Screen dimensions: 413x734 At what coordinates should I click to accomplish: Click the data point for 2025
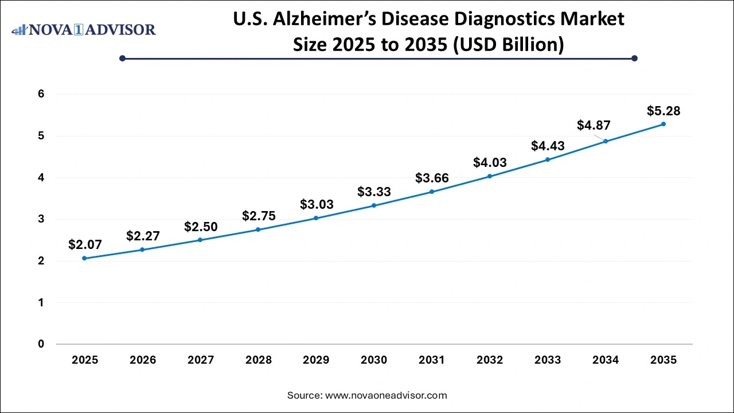click(x=84, y=258)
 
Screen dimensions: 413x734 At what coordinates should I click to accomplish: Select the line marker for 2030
click(x=374, y=205)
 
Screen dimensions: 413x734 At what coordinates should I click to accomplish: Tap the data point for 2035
click(x=663, y=124)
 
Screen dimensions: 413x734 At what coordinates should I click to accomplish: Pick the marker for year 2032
click(x=490, y=176)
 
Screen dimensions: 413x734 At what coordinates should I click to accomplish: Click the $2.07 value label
click(x=85, y=245)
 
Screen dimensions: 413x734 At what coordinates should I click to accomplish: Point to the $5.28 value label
click(x=663, y=111)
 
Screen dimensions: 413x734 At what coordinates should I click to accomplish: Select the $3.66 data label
click(x=432, y=178)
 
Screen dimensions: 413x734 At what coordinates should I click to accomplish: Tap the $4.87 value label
click(x=594, y=125)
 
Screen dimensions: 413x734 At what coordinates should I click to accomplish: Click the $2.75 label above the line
click(x=259, y=216)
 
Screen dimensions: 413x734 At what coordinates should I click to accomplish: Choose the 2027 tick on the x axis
click(x=201, y=360)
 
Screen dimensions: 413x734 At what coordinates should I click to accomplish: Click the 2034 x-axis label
click(x=606, y=360)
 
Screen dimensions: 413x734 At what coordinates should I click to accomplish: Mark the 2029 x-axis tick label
click(x=316, y=360)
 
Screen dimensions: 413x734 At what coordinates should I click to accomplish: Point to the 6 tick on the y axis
click(x=41, y=94)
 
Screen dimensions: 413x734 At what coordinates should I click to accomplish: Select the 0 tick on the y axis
click(x=41, y=344)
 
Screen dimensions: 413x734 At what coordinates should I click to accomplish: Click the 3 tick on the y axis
click(x=41, y=219)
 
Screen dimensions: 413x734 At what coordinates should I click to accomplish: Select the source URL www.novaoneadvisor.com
click(x=386, y=395)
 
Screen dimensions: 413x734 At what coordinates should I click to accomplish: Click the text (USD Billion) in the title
click(x=508, y=44)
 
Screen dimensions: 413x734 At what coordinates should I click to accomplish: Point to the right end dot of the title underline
click(x=634, y=58)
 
